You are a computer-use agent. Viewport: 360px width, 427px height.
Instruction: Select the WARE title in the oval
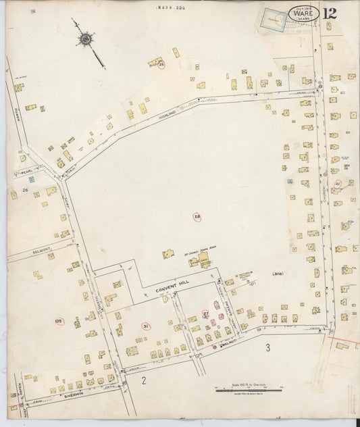point(303,14)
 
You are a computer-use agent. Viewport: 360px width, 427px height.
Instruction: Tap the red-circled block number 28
point(197,217)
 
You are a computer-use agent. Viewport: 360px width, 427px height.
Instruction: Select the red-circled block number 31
point(145,326)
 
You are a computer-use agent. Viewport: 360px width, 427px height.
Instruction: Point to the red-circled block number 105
point(59,320)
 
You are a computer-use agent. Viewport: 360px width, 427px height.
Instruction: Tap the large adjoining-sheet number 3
point(268,348)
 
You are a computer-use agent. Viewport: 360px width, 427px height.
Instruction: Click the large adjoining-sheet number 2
point(143,381)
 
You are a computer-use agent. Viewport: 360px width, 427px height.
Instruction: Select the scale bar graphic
point(247,390)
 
